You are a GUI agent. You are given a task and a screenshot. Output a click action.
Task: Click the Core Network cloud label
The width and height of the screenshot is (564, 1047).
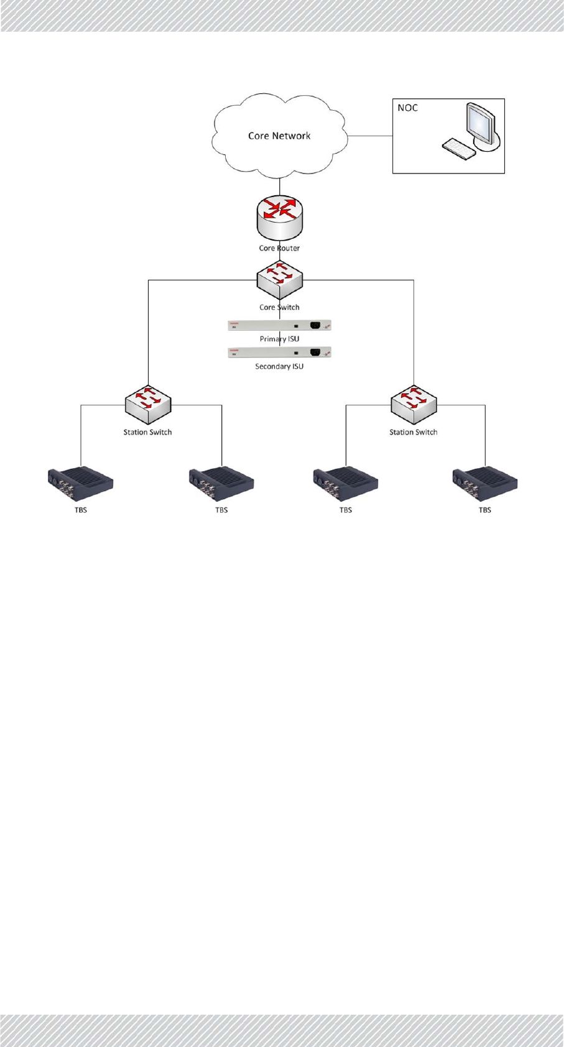click(279, 136)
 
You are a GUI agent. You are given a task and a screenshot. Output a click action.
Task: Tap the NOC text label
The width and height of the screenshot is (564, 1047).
click(408, 108)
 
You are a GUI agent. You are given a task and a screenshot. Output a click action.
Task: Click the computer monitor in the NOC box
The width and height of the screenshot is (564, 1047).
click(482, 126)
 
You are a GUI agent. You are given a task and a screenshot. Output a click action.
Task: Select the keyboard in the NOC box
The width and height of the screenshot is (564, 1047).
click(458, 148)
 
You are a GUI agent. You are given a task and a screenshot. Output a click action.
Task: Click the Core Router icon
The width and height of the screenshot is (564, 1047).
click(280, 216)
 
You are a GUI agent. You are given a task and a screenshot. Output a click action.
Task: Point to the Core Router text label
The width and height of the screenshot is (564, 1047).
click(279, 248)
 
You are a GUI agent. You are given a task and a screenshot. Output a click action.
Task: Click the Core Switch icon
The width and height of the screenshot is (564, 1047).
click(280, 278)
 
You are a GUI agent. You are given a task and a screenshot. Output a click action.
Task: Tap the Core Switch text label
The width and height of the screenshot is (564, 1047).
click(279, 307)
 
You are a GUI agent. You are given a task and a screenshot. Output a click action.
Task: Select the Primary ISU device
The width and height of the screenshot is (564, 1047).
click(279, 325)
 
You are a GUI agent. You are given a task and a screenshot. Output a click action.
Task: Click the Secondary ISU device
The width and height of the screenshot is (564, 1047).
click(279, 353)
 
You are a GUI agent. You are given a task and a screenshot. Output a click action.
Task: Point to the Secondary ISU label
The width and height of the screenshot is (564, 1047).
click(279, 366)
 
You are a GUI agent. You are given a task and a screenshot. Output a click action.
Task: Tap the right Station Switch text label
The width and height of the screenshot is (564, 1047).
click(414, 432)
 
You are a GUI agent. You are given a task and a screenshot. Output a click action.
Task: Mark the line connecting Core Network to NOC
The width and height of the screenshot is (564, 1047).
click(370, 136)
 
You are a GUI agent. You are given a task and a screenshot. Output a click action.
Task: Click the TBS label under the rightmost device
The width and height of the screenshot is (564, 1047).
click(485, 510)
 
